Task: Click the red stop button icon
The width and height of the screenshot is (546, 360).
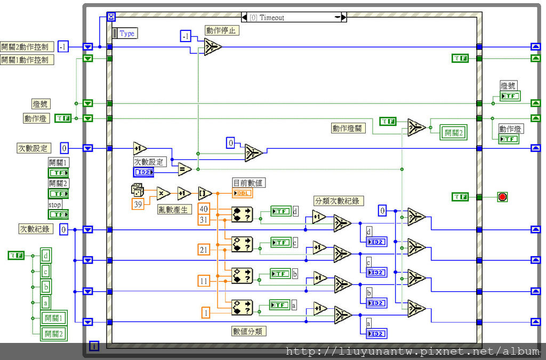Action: coord(502,197)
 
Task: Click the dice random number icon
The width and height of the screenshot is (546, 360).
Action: coord(137,190)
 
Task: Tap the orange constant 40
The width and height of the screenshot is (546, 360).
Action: coord(204,209)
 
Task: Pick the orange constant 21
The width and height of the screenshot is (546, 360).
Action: coord(204,250)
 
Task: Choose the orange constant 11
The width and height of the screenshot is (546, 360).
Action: coord(204,281)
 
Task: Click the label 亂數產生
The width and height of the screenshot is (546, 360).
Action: coord(174,210)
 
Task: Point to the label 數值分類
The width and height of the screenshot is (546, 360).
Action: coord(248,331)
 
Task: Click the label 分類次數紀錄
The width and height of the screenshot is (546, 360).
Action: coord(339,201)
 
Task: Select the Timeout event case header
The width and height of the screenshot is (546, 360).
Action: coord(293,18)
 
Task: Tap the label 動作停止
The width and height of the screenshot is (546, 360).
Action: coord(222,30)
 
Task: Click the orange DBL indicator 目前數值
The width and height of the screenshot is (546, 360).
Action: coord(242,193)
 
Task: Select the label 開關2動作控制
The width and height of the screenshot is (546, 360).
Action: coord(27,46)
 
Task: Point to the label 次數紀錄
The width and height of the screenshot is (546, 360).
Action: coord(35,229)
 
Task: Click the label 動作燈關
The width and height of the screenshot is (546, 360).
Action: coord(348,128)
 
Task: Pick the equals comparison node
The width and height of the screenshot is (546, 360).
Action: coord(184,169)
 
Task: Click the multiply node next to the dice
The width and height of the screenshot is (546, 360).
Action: coord(163,193)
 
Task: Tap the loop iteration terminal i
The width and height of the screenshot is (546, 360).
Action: coord(94,346)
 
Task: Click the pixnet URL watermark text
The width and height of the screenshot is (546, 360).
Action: coord(412,351)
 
